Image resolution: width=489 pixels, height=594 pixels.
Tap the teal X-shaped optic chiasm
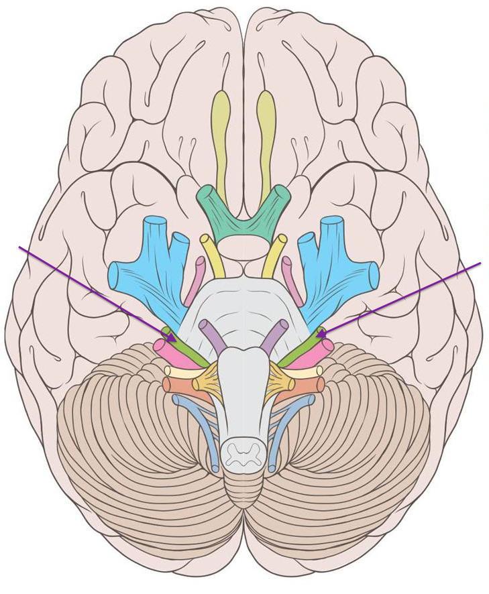click(x=243, y=215)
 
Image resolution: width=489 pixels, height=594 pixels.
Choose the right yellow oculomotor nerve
click(x=275, y=255)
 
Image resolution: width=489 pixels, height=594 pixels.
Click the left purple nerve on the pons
click(x=214, y=336)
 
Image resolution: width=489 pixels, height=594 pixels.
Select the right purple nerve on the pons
click(x=273, y=336)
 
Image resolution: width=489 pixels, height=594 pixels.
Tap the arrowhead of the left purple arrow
click(x=172, y=339)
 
